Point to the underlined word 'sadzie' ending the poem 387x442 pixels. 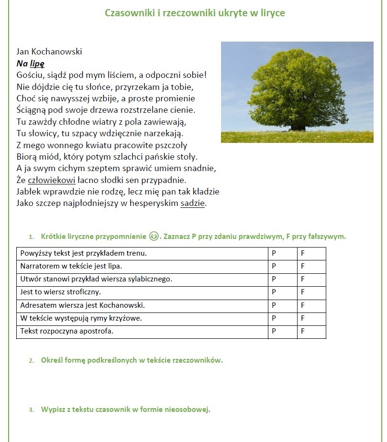193,203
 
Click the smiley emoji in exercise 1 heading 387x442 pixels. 154,236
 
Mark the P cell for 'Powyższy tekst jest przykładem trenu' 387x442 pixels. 275,253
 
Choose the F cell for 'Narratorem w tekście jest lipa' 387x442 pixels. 303,266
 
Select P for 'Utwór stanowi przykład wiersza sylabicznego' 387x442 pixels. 275,279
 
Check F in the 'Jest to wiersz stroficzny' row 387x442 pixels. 303,292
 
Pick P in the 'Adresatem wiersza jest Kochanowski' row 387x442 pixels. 275,305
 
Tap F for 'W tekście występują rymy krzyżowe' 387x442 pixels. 303,318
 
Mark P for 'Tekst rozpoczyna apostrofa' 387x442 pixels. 275,331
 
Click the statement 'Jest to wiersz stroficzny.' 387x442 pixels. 60,292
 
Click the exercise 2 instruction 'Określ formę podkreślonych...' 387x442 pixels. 132,360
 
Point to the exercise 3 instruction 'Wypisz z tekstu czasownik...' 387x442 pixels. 126,410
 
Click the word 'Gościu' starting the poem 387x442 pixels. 30,75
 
